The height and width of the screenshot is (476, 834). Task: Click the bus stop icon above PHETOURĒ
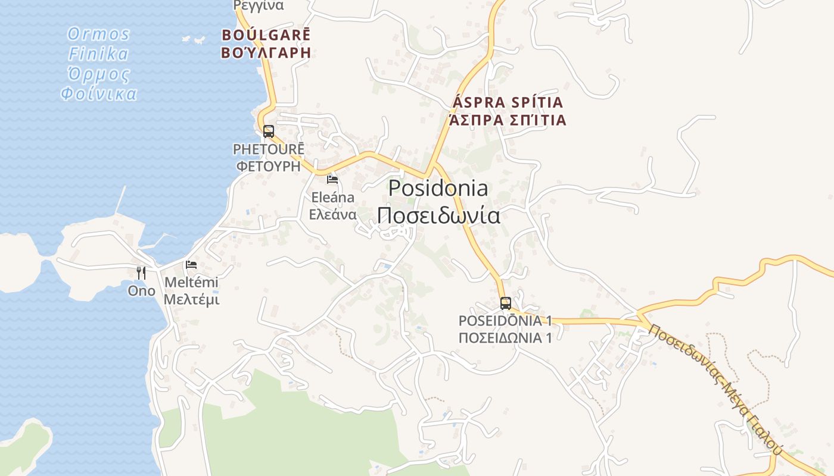269,131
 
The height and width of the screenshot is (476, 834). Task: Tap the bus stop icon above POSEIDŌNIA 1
505,303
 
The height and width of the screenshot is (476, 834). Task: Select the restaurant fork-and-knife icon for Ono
141,273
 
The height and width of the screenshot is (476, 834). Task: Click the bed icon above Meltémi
191,264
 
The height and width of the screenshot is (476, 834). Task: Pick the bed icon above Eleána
332,179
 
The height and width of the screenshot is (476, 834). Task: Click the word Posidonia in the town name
438,189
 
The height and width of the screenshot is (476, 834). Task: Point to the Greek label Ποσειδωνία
438,215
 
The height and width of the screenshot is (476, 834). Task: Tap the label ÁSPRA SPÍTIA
508,102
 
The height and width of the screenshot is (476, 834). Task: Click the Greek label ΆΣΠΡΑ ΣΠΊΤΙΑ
508,120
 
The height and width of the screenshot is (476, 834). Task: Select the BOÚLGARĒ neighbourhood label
266,35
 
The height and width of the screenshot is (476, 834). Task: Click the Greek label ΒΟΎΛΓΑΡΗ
266,52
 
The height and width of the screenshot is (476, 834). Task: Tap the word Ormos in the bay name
98,33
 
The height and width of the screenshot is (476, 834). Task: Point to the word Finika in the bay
98,54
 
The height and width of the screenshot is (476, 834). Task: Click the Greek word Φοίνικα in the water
99,94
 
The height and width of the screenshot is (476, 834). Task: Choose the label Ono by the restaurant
141,291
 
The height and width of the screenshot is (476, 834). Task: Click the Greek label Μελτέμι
191,299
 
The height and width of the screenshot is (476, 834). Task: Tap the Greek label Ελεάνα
332,214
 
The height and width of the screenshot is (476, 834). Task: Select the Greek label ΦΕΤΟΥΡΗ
268,166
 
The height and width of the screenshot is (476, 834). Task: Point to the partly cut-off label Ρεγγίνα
259,5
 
